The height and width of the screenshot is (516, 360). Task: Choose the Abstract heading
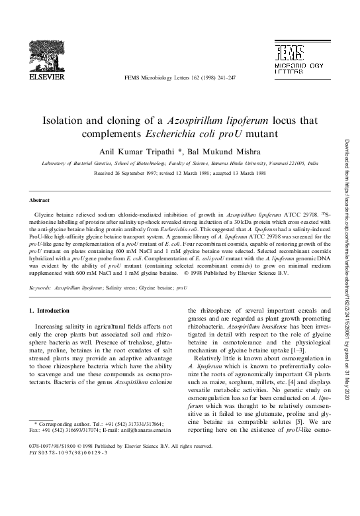41,199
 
